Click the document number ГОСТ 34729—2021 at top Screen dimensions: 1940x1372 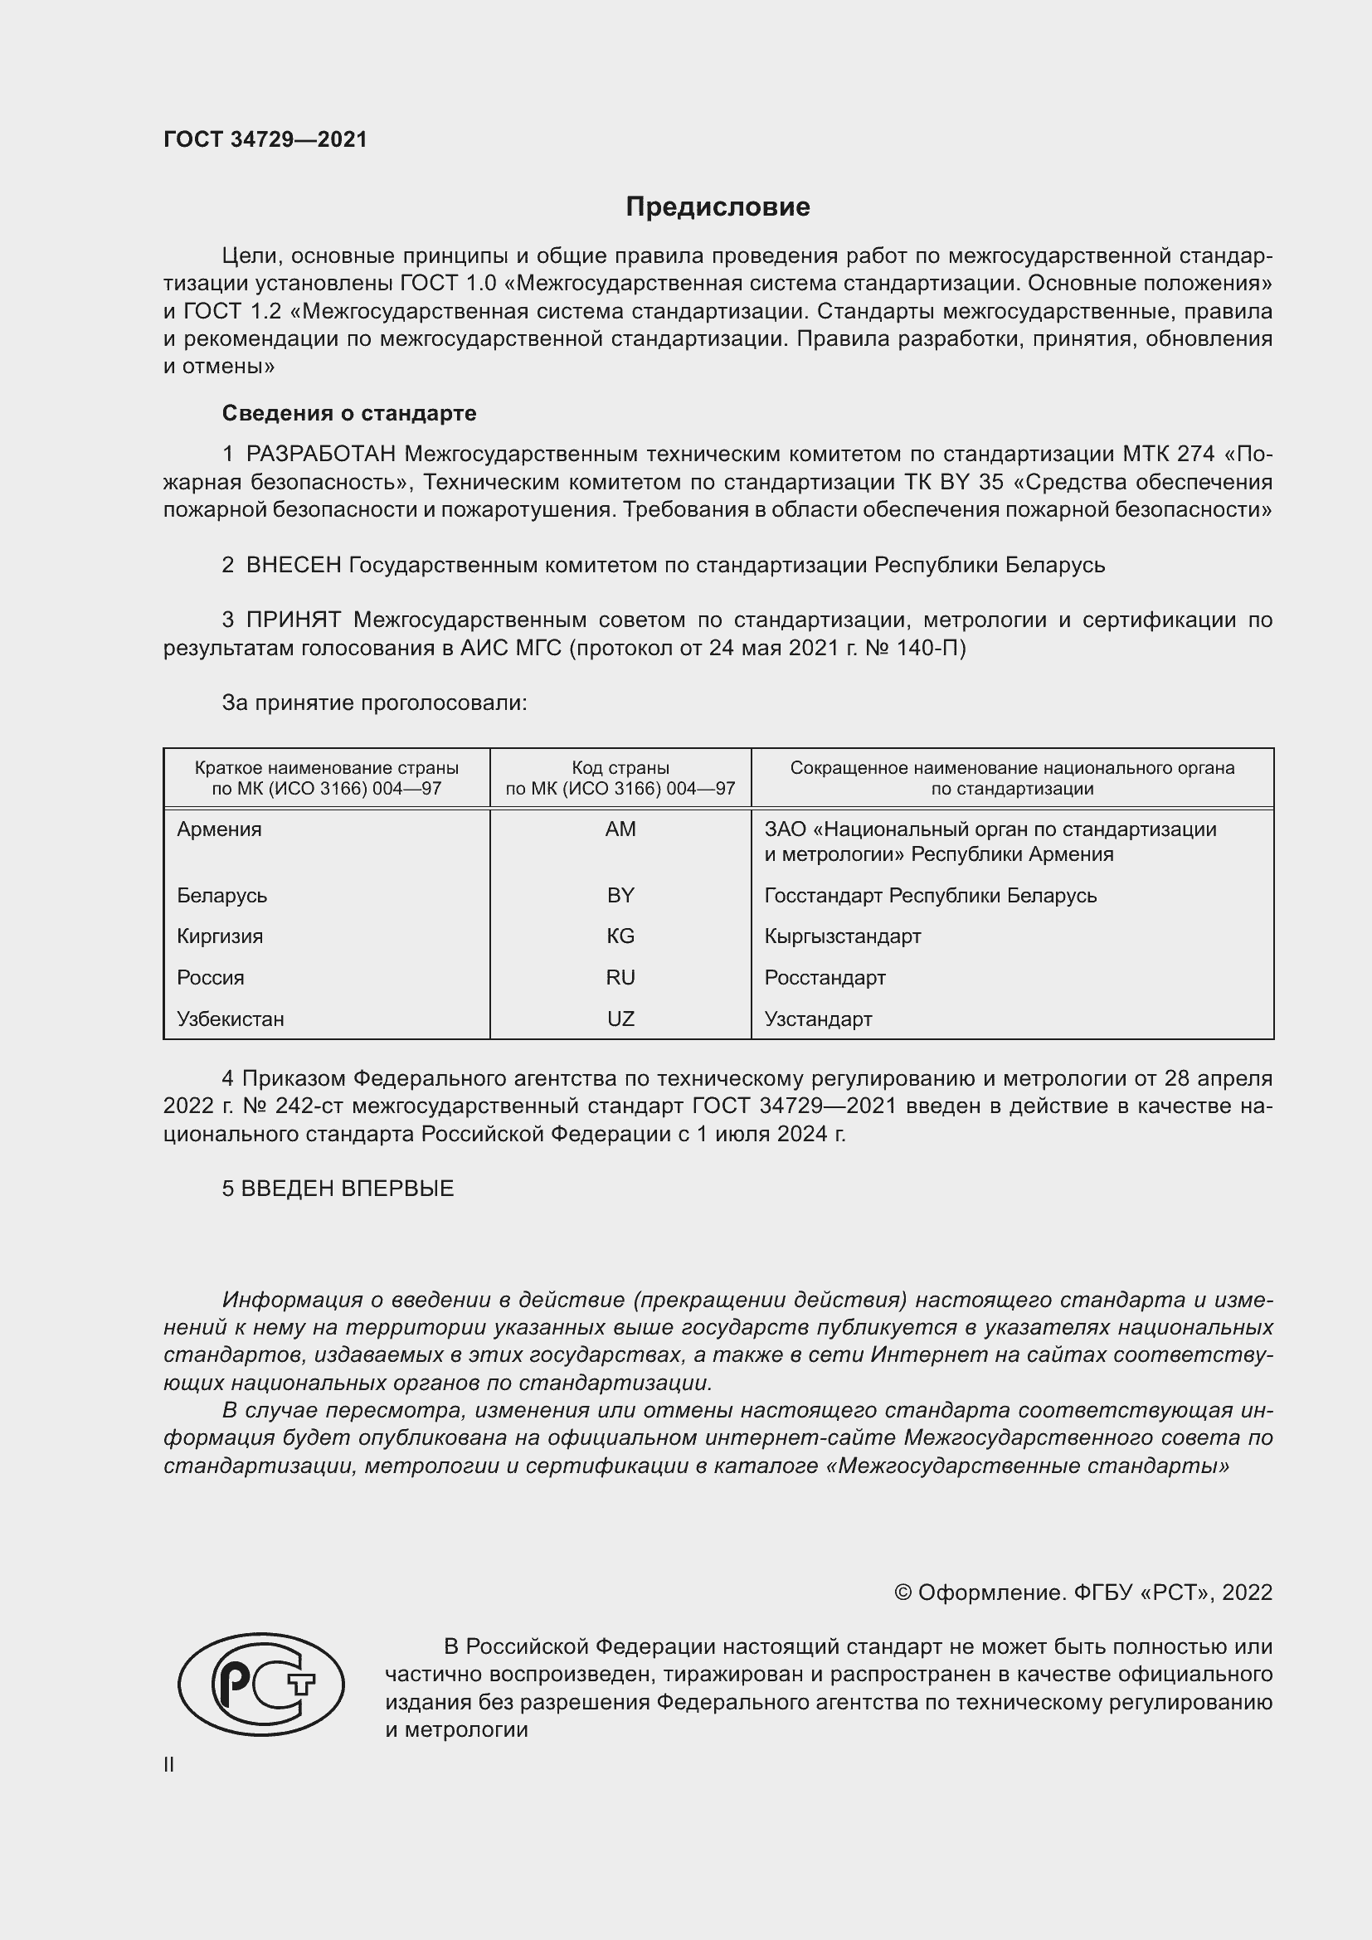point(265,139)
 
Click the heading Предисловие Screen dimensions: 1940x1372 point(718,207)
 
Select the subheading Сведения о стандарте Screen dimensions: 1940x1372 point(349,413)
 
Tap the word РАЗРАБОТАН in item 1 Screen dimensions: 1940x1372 point(320,455)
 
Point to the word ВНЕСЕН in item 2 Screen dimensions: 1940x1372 point(293,566)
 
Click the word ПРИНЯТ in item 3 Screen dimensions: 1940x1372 point(293,620)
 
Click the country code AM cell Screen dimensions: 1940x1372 point(620,829)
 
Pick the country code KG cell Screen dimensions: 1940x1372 point(620,936)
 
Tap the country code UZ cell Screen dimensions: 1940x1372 point(620,1019)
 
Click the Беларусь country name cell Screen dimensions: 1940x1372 point(221,896)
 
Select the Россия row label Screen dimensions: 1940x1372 point(211,978)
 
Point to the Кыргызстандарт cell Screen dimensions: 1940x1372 point(842,936)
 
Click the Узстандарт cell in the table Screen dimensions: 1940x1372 point(818,1019)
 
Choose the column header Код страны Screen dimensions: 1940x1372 point(620,768)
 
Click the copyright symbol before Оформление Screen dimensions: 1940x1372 point(903,1592)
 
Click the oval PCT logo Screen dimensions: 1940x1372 point(261,1685)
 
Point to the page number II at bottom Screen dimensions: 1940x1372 point(169,1765)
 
